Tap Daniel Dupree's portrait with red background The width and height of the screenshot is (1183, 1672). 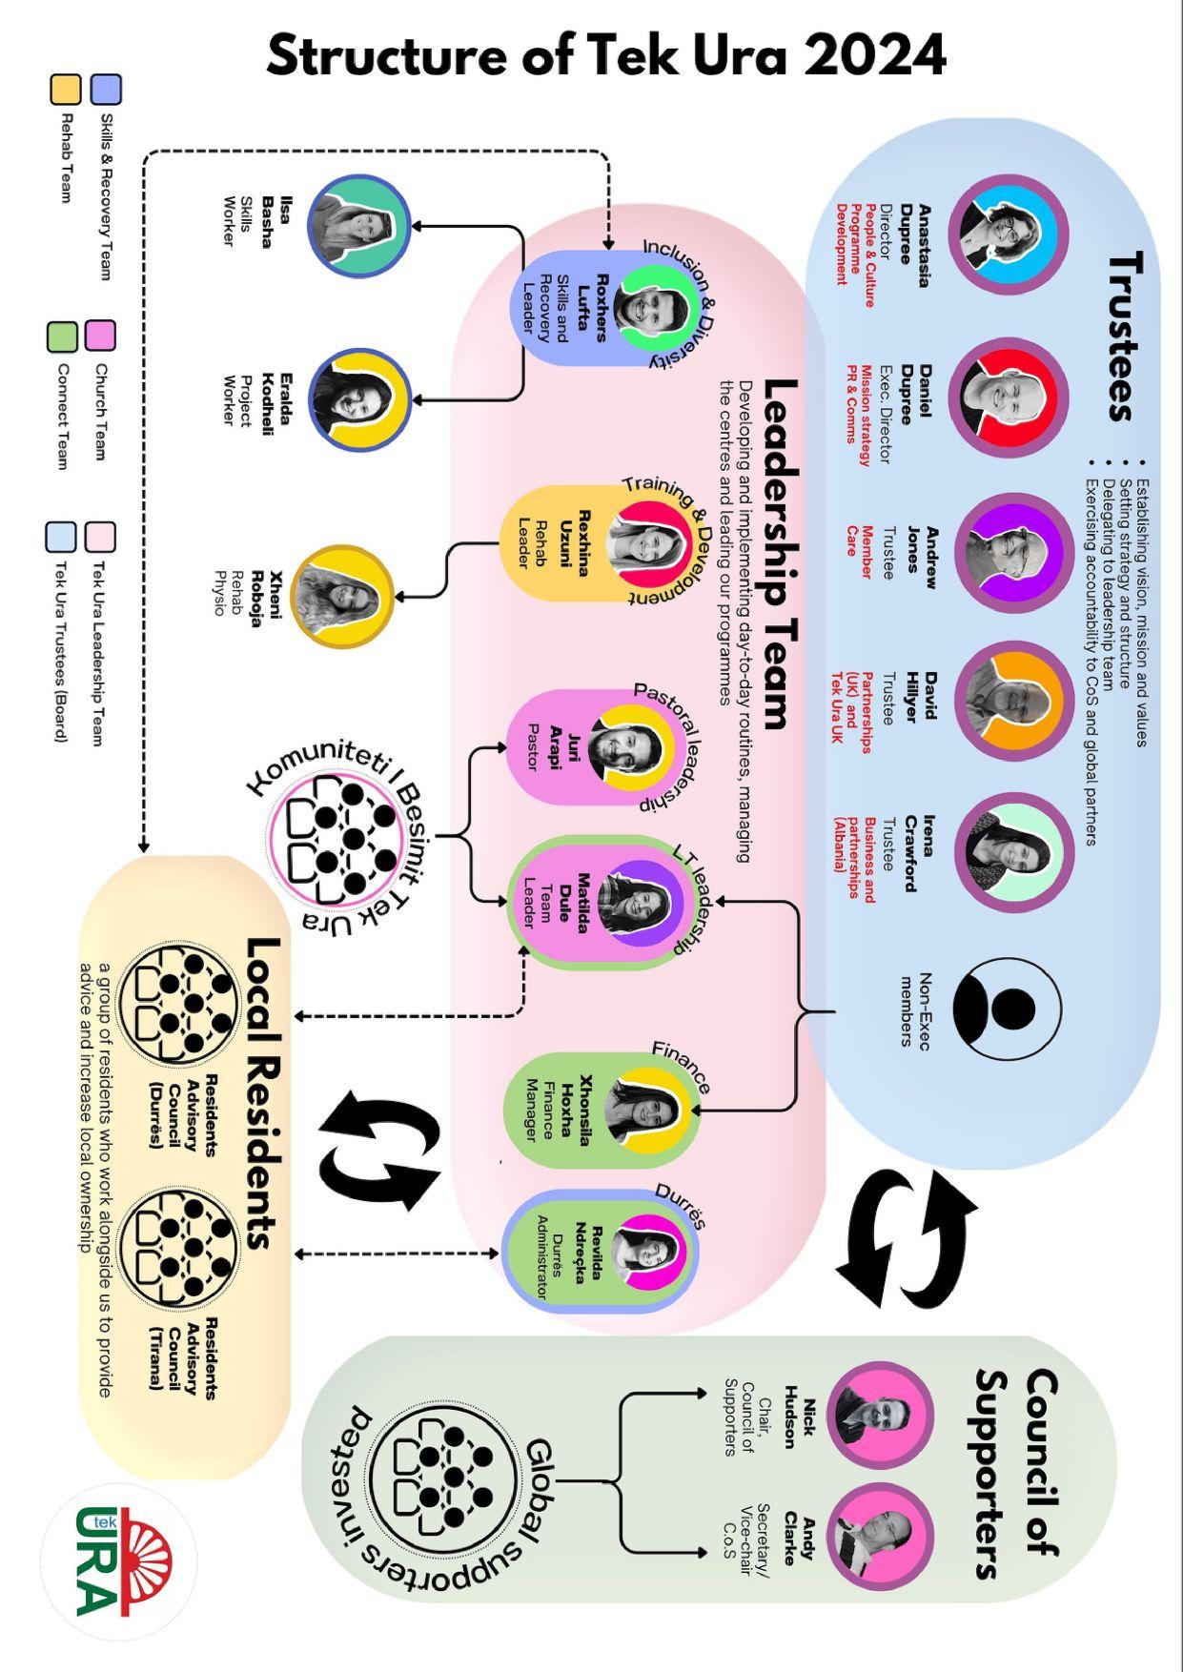[1007, 397]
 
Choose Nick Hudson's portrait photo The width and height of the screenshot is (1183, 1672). [879, 1415]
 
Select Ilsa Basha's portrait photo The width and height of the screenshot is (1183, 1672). [357, 226]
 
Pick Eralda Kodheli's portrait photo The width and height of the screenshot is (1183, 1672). [357, 398]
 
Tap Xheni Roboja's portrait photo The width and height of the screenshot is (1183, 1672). [341, 596]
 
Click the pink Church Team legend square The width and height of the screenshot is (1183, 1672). [100, 336]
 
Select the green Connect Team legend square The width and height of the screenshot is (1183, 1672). [62, 336]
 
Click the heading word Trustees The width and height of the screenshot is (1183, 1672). [1125, 336]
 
